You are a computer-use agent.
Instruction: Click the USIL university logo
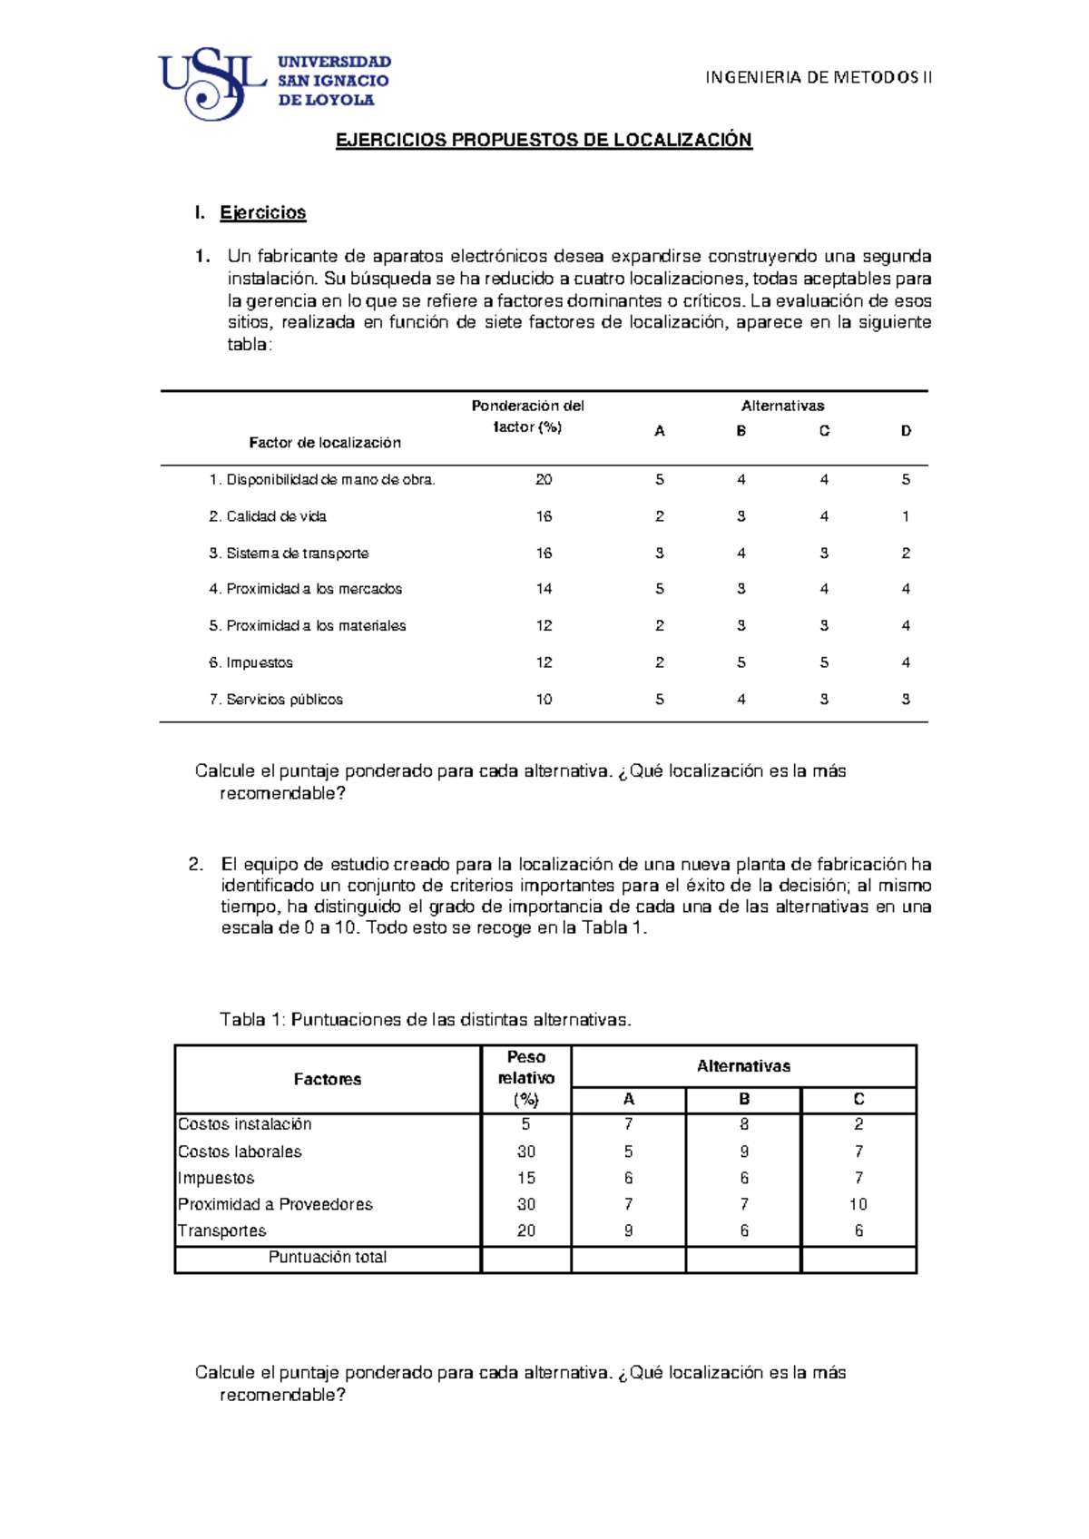(274, 83)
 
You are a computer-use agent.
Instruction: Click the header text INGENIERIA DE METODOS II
(819, 77)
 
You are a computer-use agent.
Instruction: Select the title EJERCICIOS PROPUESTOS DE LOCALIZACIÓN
(544, 140)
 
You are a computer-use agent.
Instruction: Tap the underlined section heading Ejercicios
(262, 212)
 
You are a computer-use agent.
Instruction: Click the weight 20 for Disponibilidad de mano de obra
(544, 479)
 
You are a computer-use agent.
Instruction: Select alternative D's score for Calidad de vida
(905, 516)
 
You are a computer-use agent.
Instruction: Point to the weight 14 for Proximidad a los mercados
(544, 589)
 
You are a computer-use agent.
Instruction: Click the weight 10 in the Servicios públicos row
(544, 700)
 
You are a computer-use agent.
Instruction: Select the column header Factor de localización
(325, 443)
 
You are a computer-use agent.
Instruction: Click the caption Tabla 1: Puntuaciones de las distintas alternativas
(425, 1019)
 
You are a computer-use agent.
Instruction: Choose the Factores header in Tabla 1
(327, 1079)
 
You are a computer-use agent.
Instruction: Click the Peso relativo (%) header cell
(525, 1078)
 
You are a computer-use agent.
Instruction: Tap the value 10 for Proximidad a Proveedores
(858, 1204)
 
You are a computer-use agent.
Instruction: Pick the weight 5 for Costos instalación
(525, 1124)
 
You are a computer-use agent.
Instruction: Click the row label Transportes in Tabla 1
(222, 1230)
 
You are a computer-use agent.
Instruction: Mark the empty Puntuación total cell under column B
(743, 1260)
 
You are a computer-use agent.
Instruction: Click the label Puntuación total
(327, 1258)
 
